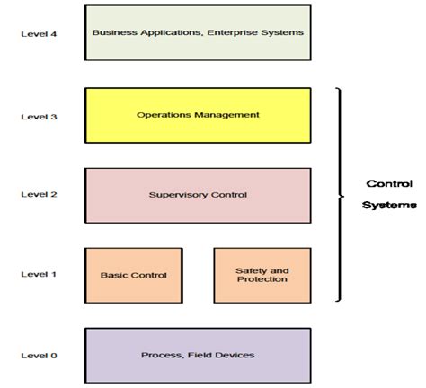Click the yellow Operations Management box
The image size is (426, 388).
[198, 115]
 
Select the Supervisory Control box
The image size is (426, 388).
[198, 195]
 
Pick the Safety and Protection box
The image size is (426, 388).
[261, 275]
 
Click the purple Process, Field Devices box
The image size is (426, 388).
[198, 355]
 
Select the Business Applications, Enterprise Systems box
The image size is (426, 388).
[198, 33]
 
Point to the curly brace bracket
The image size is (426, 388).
[340, 194]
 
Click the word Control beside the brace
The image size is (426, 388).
[388, 184]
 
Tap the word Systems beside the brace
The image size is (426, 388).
[388, 205]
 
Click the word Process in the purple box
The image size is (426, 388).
[160, 355]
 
